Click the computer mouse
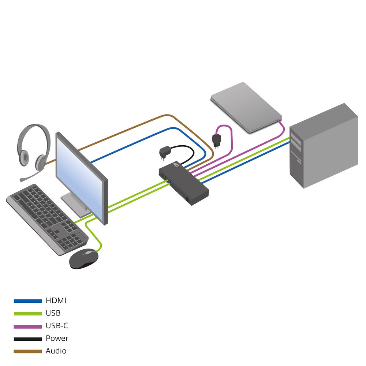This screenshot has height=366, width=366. pos(84,258)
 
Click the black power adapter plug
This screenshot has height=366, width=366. pos(164,152)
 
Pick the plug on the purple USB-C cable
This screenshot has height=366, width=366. pos(216,140)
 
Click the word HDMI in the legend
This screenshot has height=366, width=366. pos(56,301)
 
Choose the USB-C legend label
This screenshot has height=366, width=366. pos(57,326)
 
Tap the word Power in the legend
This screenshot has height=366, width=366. pos(57,338)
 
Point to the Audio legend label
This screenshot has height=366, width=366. pos(56,351)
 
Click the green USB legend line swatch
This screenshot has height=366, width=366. pos(28,313)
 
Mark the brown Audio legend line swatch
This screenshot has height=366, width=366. pos(28,351)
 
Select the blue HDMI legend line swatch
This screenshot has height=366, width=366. pos(28,301)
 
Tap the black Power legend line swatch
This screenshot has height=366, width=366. pos(28,339)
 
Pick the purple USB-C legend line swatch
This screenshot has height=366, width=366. pos(28,326)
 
